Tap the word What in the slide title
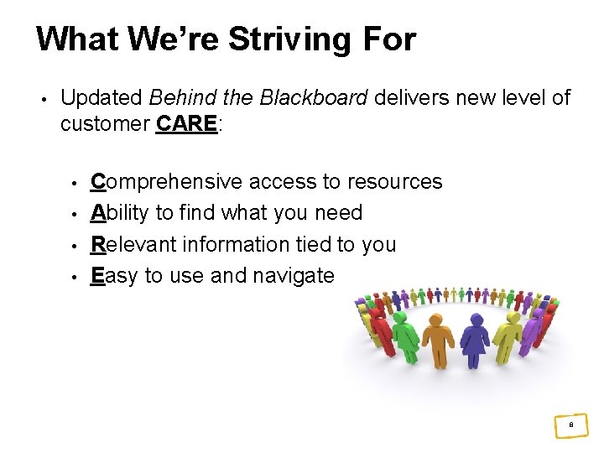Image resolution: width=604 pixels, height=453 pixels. pyautogui.click(x=77, y=39)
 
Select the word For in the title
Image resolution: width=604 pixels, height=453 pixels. pyautogui.click(x=388, y=39)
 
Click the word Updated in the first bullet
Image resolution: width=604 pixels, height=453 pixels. pyautogui.click(x=102, y=98)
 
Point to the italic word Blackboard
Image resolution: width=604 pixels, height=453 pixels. pyautogui.click(x=314, y=98)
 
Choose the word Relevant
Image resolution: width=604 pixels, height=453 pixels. pyautogui.click(x=134, y=244)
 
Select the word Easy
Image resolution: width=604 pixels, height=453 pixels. pyautogui.click(x=114, y=275)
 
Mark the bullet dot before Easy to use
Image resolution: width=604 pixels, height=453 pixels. pyautogui.click(x=74, y=277)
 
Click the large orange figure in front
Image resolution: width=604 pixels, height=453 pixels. pyautogui.click(x=438, y=340)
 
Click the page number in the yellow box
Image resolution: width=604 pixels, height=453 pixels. pyautogui.click(x=570, y=426)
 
